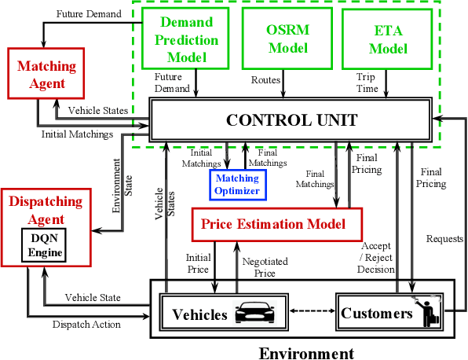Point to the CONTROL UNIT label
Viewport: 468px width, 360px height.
tap(292, 121)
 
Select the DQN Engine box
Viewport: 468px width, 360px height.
tap(43, 245)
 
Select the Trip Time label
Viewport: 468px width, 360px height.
tap(366, 83)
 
